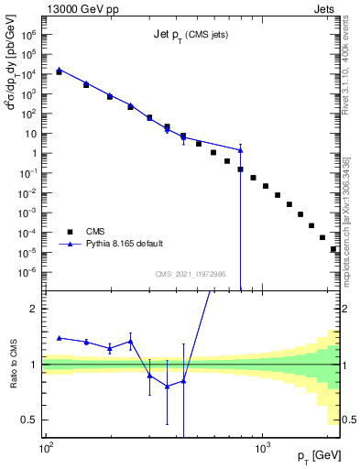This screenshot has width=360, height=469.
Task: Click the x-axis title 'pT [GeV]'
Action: (x=315, y=455)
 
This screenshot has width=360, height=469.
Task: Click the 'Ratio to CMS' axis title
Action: (x=16, y=365)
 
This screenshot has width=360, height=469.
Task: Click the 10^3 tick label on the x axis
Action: (x=262, y=447)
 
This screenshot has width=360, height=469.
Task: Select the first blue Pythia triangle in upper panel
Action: (x=60, y=69)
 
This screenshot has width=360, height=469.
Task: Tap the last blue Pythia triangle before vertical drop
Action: (x=240, y=149)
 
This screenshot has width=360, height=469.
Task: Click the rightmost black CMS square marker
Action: (x=333, y=249)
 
